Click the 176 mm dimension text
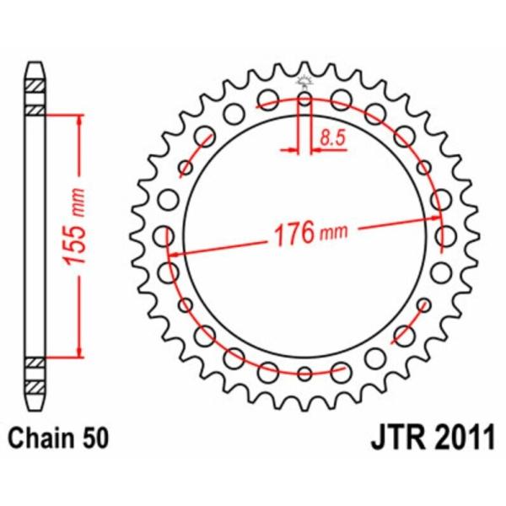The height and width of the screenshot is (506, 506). (x=310, y=233)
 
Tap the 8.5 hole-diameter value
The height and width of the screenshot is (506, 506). (x=333, y=137)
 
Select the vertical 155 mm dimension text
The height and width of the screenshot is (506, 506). (x=74, y=227)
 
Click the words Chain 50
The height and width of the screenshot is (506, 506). (x=58, y=438)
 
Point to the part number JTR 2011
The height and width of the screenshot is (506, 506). (x=433, y=438)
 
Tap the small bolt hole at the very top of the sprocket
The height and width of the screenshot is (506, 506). (x=304, y=99)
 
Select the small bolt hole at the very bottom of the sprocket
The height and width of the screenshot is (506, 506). (x=304, y=374)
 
